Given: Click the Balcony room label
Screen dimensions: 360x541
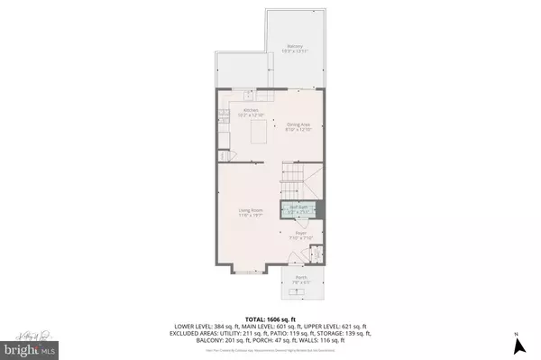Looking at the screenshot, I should click(x=294, y=46).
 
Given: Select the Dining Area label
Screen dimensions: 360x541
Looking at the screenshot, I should click(x=299, y=125).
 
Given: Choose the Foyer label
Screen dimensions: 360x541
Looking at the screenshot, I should click(x=300, y=233).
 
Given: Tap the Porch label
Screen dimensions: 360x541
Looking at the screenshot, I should click(x=300, y=277).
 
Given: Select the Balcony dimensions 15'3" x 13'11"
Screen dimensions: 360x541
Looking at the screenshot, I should click(x=294, y=51).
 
